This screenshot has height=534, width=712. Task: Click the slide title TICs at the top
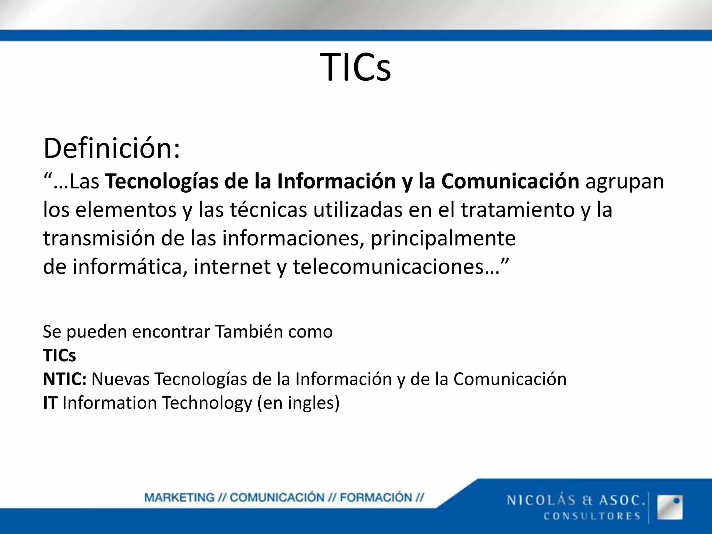pos(356,67)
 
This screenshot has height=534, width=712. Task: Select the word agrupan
pos(625,181)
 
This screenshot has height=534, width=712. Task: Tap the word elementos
pos(126,210)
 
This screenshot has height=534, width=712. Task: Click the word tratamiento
pos(518,210)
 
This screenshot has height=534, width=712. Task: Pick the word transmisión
pos(99,238)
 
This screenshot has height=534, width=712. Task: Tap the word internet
pos(232,267)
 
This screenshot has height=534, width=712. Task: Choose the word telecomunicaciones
pos(388,267)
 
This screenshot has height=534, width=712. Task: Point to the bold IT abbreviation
pos(50,403)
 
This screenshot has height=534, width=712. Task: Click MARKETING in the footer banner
pos(179,497)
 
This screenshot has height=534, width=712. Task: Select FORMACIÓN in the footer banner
pos(376,497)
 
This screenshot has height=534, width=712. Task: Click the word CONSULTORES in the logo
pos(592,516)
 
